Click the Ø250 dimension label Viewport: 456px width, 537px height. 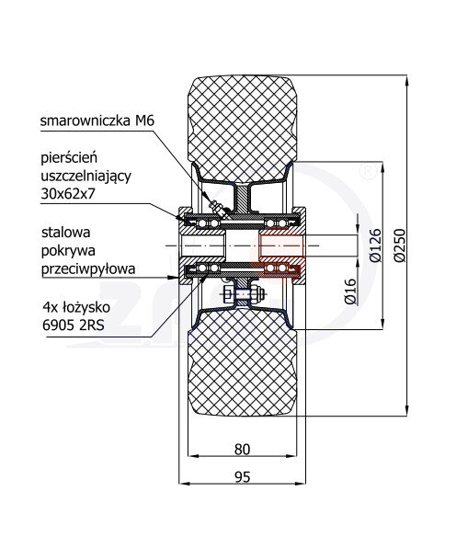tap(399, 246)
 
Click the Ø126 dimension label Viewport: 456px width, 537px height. tap(375, 246)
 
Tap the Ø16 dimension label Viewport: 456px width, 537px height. tap(350, 291)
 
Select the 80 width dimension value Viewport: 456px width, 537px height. tap(243, 450)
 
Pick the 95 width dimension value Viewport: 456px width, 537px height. tap(243, 476)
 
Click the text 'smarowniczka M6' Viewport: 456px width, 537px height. tap(97, 120)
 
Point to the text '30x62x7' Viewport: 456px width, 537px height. tap(68, 194)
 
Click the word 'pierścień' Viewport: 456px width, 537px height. tap(69, 158)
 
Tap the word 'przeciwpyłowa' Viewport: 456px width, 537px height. tap(88, 269)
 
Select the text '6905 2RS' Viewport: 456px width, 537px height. tap(74, 325)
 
